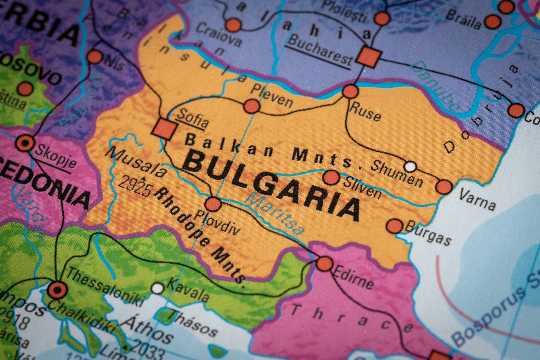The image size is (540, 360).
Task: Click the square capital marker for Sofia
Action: point(164,129)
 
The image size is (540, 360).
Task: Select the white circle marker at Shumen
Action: point(410,166)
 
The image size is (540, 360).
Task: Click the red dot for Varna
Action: point(444,187)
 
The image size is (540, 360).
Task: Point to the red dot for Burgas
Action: point(394,226)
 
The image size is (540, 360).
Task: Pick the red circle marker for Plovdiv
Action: point(213,204)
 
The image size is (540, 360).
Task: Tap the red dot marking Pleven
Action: point(251,106)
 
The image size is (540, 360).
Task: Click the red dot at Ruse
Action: point(350,91)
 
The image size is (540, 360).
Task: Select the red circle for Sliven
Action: point(331,177)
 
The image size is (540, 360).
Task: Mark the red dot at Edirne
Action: point(324,264)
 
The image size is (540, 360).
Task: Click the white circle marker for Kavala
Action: point(157,288)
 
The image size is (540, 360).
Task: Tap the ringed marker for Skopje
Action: point(24,143)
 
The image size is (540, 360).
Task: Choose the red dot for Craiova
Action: point(233,25)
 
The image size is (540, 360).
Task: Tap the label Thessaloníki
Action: point(104,287)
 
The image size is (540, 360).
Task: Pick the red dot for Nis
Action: point(94,57)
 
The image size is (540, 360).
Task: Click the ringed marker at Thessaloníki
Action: point(57,290)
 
